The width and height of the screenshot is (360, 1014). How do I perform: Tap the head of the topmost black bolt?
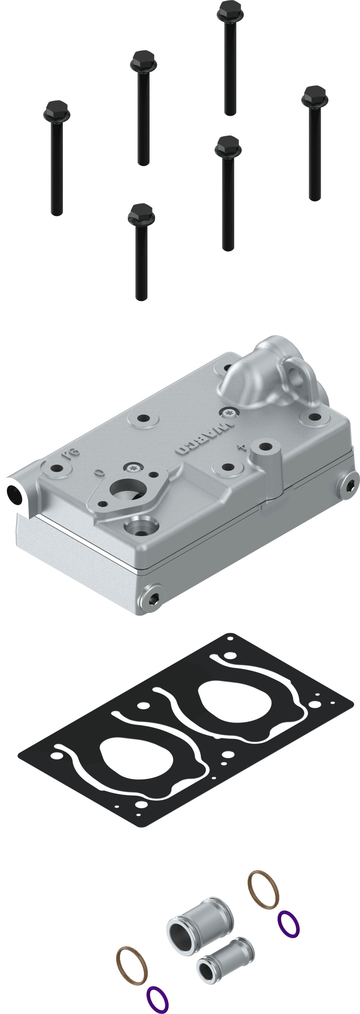231,11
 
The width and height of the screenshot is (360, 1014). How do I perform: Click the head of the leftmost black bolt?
56,110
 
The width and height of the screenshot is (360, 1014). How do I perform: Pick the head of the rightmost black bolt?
315,96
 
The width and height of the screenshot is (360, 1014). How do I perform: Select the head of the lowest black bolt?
141,214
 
